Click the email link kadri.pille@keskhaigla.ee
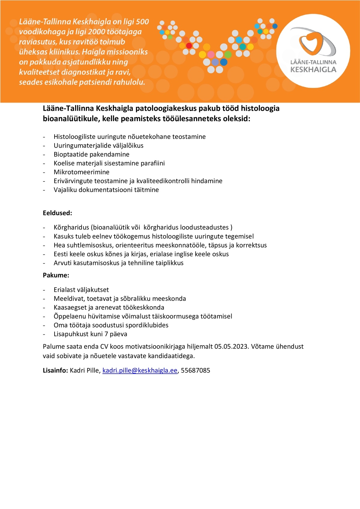[140, 370]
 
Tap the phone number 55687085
[196, 370]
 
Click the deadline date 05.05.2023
[231, 346]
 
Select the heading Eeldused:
[57, 213]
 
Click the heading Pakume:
[56, 275]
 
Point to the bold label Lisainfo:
[55, 370]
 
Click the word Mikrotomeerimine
[81, 172]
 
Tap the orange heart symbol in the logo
[312, 42]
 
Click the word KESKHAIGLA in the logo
[313, 70]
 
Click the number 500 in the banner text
[142, 22]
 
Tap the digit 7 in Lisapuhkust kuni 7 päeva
[106, 334]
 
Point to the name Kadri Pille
[84, 370]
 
